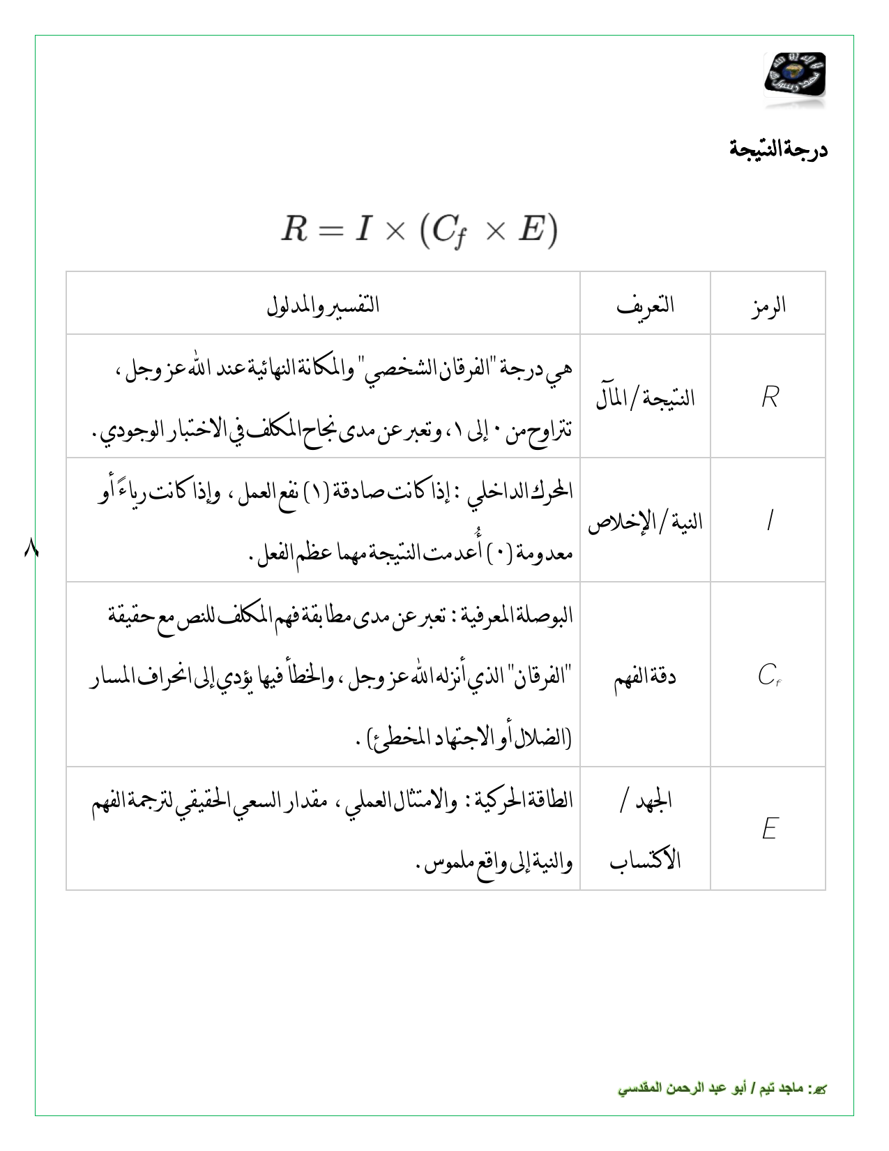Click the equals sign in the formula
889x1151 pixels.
coord(331,231)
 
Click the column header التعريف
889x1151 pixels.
coord(645,304)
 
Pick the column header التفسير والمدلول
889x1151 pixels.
coord(323,306)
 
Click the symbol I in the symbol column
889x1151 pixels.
coord(768,521)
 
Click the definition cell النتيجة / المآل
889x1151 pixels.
coord(645,398)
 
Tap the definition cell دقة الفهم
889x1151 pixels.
coord(645,676)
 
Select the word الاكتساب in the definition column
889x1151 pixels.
coord(645,860)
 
